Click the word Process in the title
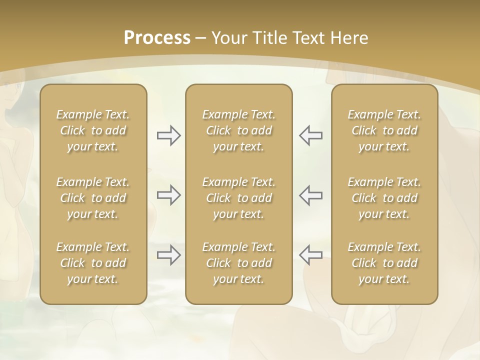[x=157, y=38]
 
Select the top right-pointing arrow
[x=168, y=135]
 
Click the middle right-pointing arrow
[x=168, y=195]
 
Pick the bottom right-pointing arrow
[x=168, y=255]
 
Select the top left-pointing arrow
[x=310, y=135]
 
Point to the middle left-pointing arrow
[x=310, y=195]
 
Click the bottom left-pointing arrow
[x=310, y=255]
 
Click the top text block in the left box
[x=93, y=130]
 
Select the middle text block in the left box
[x=93, y=198]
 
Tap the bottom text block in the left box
[x=93, y=263]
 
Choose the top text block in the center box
[x=238, y=130]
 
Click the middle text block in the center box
[x=238, y=198]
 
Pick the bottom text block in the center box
[x=238, y=263]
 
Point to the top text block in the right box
[x=384, y=130]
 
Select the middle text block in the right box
[x=384, y=198]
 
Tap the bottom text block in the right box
[x=384, y=263]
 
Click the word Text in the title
[x=308, y=38]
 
